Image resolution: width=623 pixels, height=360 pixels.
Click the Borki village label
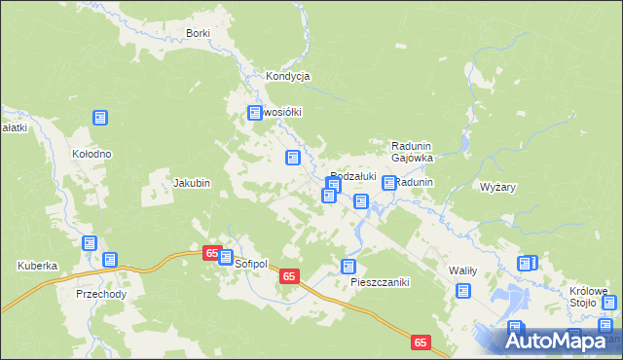pyautogui.click(x=198, y=33)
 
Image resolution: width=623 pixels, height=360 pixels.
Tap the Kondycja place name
pyautogui.click(x=287, y=76)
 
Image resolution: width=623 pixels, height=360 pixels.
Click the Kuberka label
pyautogui.click(x=37, y=266)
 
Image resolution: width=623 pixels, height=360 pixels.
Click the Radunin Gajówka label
pyautogui.click(x=411, y=151)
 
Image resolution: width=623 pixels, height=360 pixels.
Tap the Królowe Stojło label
pyautogui.click(x=589, y=295)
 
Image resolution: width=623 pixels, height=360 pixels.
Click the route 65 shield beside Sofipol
pyautogui.click(x=211, y=252)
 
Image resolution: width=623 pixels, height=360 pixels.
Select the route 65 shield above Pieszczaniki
pyautogui.click(x=288, y=277)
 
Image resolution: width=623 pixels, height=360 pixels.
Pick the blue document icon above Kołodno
pyautogui.click(x=99, y=118)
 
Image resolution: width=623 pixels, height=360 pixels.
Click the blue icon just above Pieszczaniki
pyautogui.click(x=348, y=266)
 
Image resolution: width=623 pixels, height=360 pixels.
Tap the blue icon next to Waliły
pyautogui.click(x=462, y=290)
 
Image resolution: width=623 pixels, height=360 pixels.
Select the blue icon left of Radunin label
pyautogui.click(x=389, y=183)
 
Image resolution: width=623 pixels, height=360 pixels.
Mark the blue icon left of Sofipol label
pyautogui.click(x=227, y=259)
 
